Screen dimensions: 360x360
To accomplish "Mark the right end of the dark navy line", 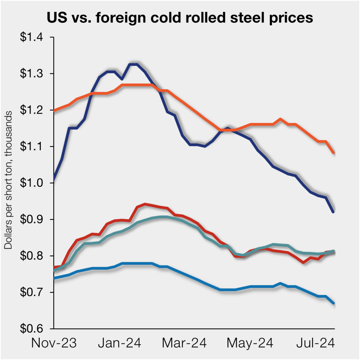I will (333, 212).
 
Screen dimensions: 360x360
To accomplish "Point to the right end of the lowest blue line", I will (333, 303).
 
